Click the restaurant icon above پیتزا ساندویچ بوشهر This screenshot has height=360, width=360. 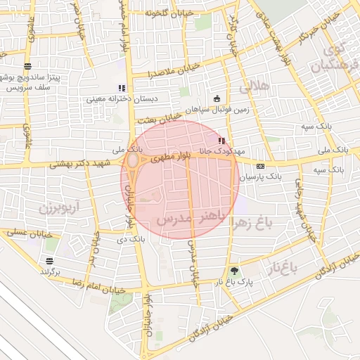tap(27, 66)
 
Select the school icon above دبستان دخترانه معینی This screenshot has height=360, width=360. tap(122, 89)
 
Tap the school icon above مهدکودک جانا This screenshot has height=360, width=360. tap(223, 141)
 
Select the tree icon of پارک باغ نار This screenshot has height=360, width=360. tap(233, 271)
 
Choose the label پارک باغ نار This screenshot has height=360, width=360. tap(233, 282)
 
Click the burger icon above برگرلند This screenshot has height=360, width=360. tap(46, 260)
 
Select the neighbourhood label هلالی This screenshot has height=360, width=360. tap(254, 88)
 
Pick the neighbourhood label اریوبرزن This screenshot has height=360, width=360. tap(51, 209)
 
